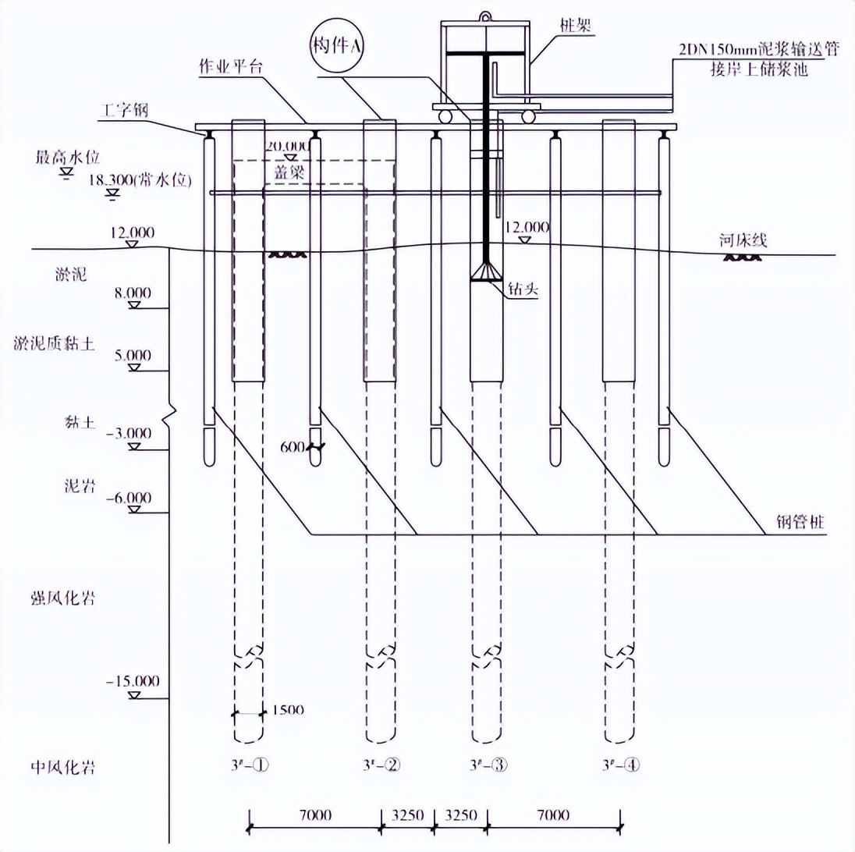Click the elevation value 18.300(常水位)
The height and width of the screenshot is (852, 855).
[142, 179]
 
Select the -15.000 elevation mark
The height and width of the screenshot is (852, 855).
[133, 680]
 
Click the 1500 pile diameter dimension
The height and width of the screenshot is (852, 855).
[287, 709]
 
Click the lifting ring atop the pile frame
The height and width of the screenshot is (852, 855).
[485, 15]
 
